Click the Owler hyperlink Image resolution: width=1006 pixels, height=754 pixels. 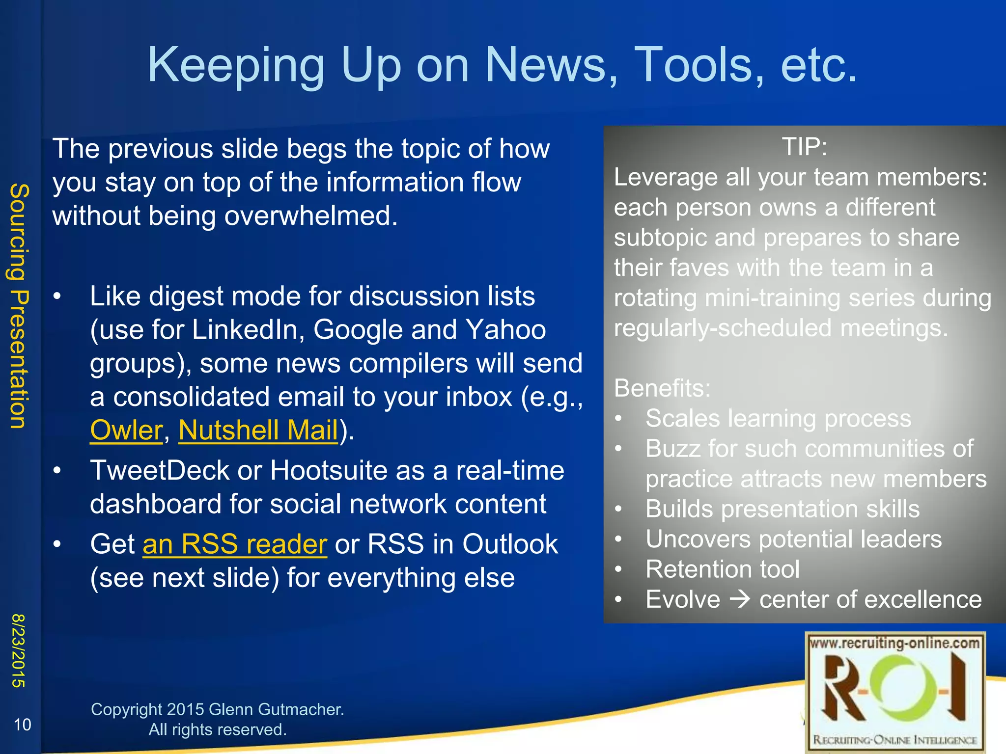pos(126,430)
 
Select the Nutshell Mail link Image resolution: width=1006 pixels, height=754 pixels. pos(258,430)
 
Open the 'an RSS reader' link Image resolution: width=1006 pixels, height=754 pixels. pos(235,544)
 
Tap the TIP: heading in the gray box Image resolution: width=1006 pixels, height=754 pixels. pos(804,147)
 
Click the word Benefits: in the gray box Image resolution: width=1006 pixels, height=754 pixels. pos(662,388)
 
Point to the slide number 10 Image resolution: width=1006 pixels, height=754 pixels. pos(22,725)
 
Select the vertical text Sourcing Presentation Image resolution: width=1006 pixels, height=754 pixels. pos(20,306)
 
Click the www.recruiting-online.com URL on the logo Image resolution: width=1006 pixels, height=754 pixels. pos(894,643)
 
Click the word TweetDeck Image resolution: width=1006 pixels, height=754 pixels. pos(160,470)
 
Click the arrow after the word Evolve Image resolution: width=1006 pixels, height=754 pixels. pos(740,599)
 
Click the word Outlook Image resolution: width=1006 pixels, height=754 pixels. pos(510,544)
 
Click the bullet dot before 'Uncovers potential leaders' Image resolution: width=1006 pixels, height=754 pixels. pos(619,539)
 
